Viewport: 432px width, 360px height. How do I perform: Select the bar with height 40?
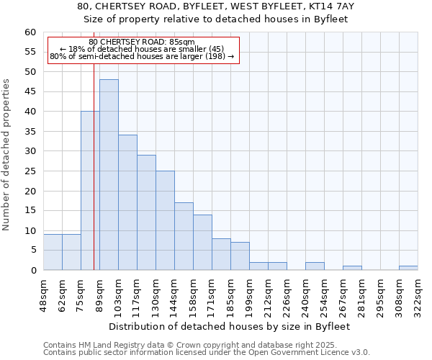click(x=90, y=191)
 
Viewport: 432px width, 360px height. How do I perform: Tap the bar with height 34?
click(x=127, y=202)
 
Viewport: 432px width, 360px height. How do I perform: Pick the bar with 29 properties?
click(x=146, y=212)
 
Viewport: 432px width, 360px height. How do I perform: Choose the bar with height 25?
click(x=165, y=220)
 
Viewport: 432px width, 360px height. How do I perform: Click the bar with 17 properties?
click(x=184, y=236)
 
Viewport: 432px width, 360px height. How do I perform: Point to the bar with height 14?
click(x=202, y=242)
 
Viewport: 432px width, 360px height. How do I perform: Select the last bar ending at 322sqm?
click(x=408, y=268)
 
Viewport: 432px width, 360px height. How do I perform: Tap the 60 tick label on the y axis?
click(x=30, y=32)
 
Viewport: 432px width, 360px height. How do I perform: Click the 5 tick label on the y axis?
click(x=32, y=251)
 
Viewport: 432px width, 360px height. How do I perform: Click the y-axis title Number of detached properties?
click(x=7, y=155)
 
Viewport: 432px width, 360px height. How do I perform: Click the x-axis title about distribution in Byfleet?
click(x=230, y=326)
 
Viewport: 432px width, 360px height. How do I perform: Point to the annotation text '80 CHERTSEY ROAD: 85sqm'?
click(x=142, y=42)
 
